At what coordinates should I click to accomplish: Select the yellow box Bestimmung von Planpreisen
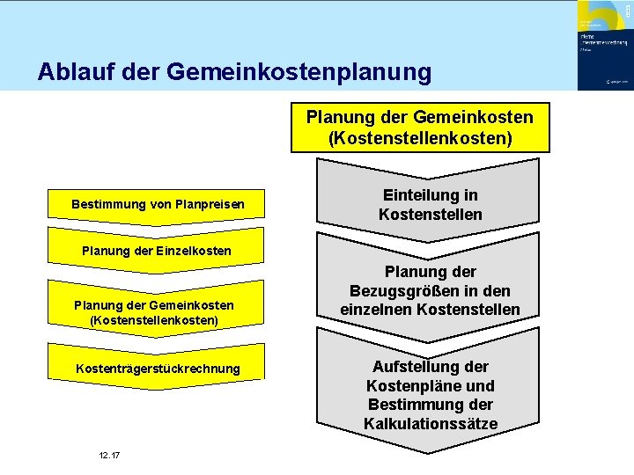[x=158, y=206]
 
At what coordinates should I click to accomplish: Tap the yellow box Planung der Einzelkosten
[x=157, y=251]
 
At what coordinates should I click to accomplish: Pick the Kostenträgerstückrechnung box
[x=158, y=369]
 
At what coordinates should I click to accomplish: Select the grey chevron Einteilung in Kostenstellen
[x=430, y=205]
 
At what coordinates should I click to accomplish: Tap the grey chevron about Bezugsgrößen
[x=430, y=290]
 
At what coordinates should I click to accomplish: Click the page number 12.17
[x=110, y=455]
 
